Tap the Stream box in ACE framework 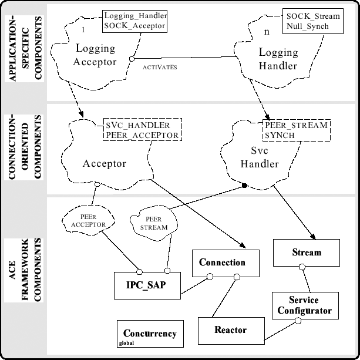307,253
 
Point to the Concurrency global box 150,335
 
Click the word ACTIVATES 160,68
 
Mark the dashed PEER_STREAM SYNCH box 296,130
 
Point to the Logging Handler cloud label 278,59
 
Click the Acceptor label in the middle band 106,164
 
